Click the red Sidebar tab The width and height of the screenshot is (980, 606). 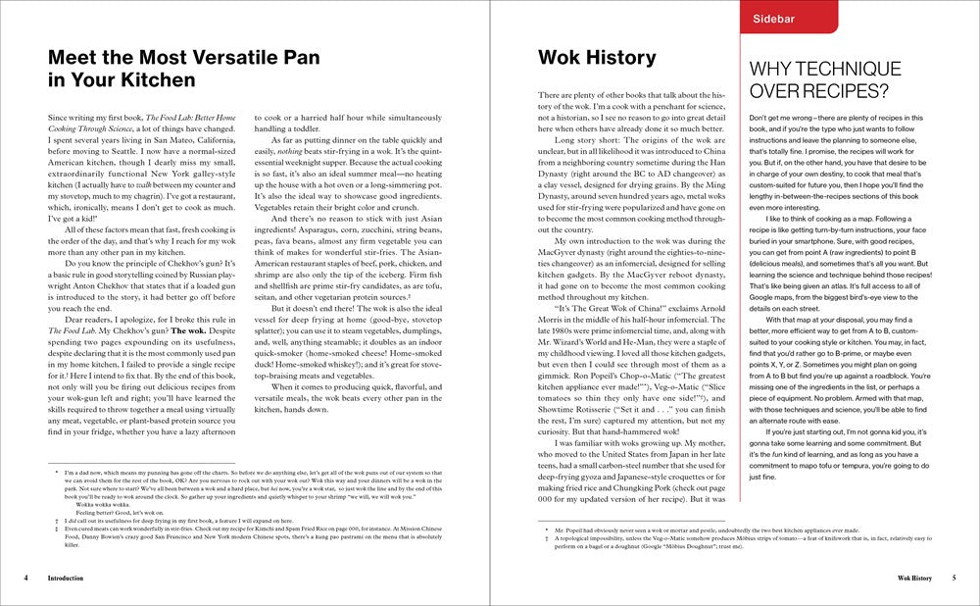[x=773, y=17]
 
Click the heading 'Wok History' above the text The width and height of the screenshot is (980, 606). [x=597, y=57]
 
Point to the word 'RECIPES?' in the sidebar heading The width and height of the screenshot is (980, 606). [x=840, y=92]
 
